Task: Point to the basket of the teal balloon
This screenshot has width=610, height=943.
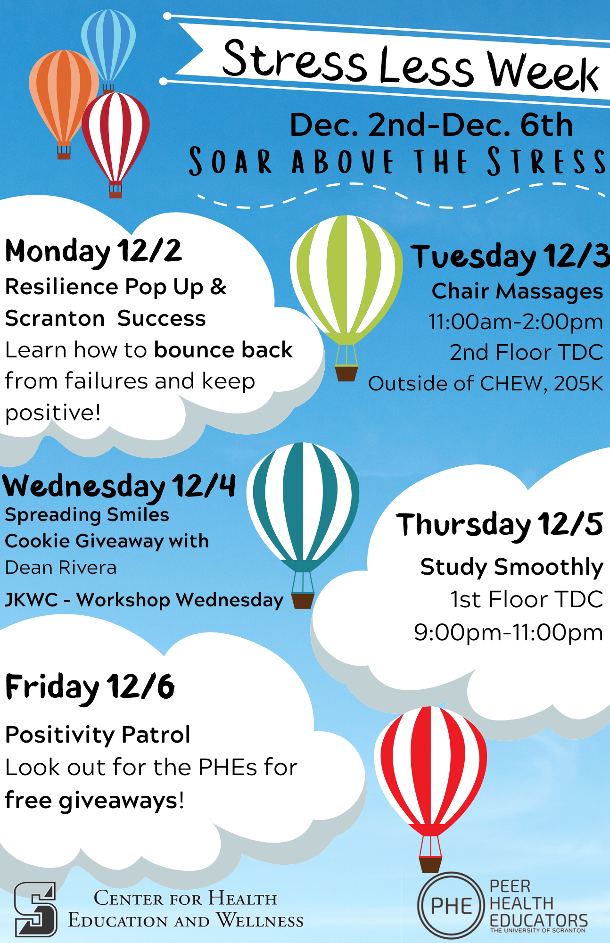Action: [303, 601]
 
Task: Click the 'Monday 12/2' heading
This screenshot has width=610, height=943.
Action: [93, 251]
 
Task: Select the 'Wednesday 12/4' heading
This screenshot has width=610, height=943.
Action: [119, 487]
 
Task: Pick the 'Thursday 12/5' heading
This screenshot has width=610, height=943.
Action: [500, 525]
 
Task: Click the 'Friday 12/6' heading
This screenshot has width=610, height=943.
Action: [90, 687]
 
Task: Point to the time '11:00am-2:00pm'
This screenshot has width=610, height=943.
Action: [516, 322]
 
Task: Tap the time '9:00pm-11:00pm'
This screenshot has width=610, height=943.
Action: [509, 632]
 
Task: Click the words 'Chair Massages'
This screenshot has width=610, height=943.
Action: [518, 291]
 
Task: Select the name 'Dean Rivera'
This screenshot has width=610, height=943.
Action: [61, 568]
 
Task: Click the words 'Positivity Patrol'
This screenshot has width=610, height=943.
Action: [98, 735]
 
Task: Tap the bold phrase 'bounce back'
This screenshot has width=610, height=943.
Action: [223, 350]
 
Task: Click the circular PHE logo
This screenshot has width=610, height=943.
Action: [452, 905]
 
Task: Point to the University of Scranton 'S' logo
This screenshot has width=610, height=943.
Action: [36, 910]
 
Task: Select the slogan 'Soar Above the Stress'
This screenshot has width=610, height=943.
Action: [397, 161]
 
